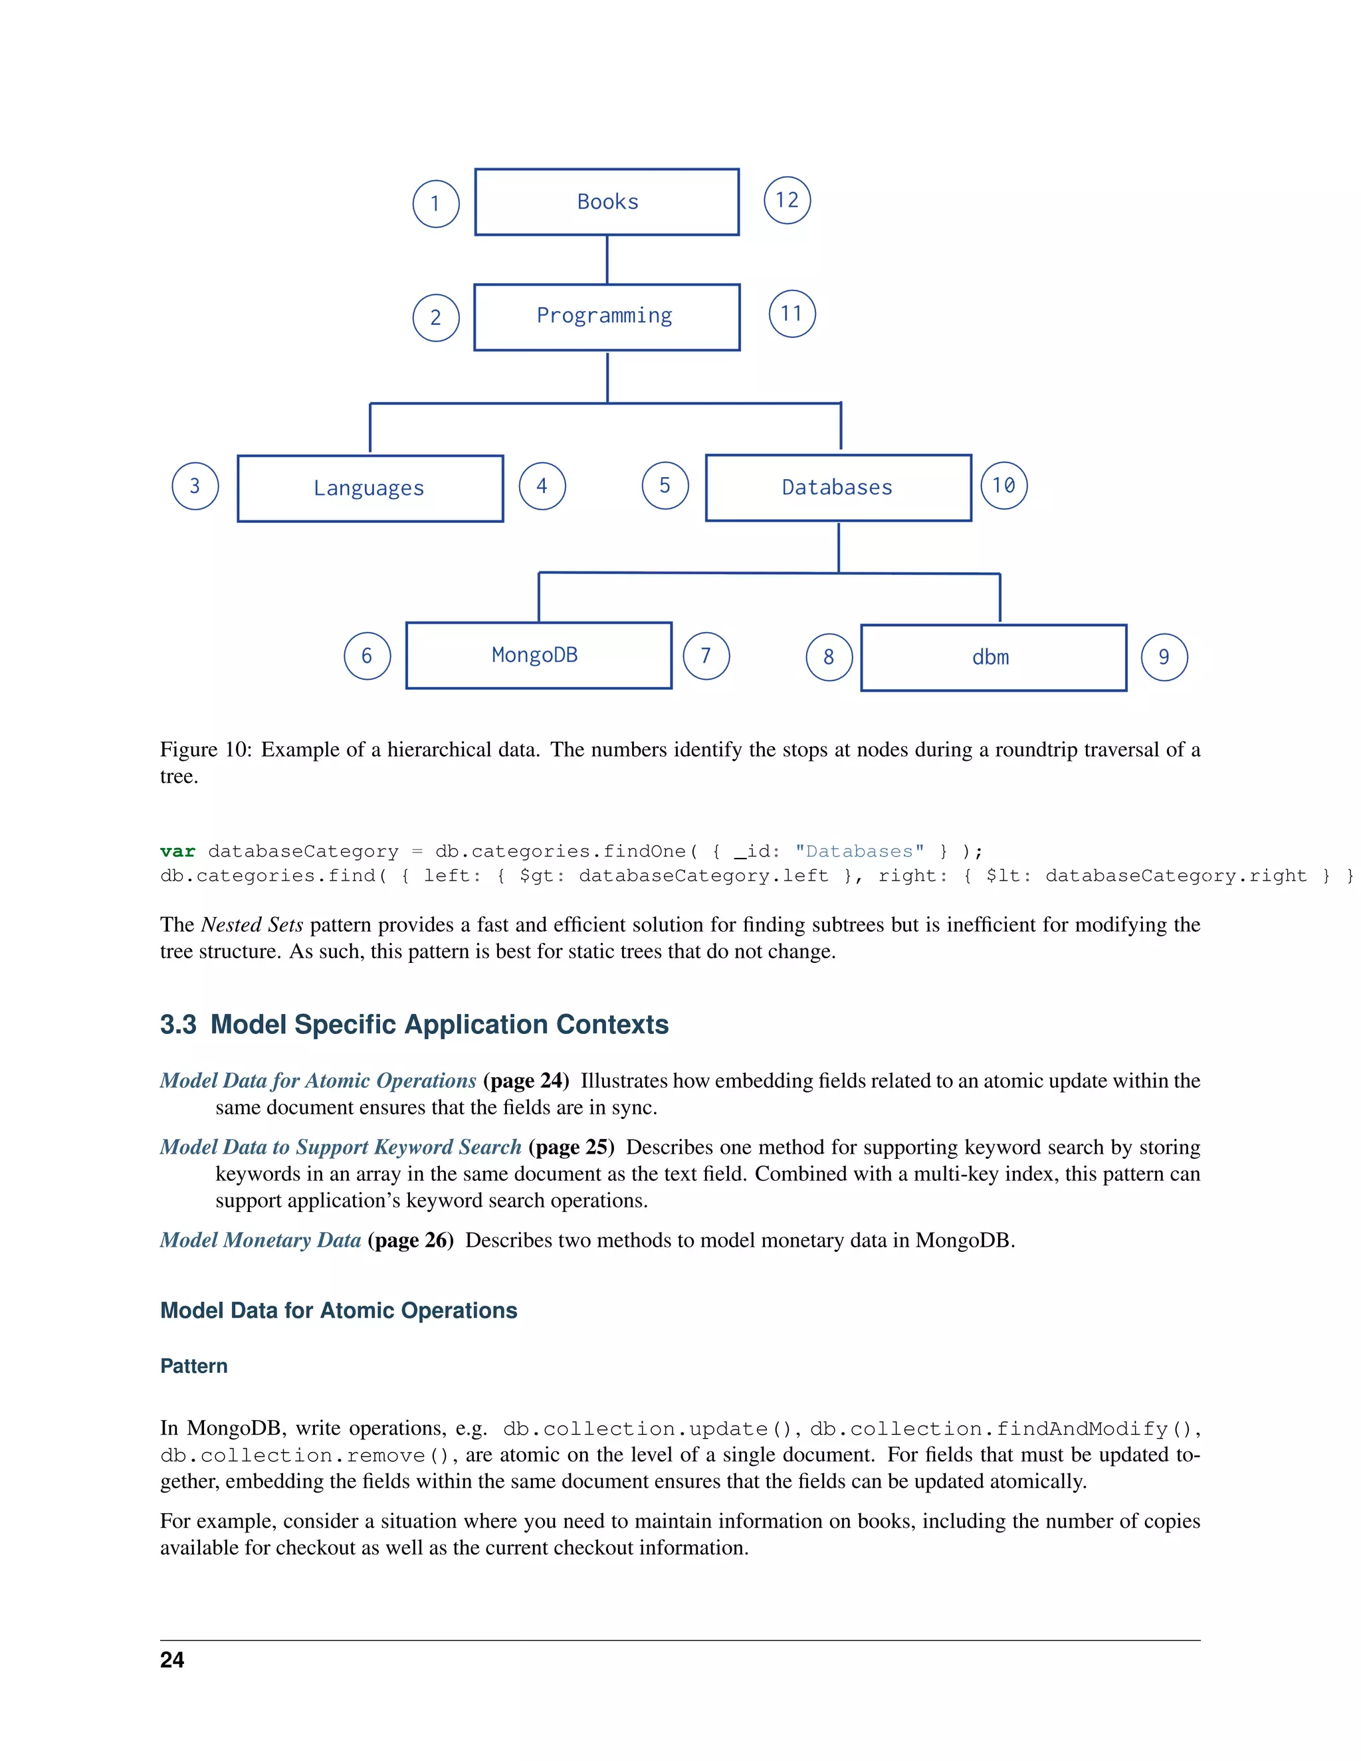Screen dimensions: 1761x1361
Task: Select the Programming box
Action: click(x=606, y=317)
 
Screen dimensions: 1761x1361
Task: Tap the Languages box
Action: click(x=370, y=488)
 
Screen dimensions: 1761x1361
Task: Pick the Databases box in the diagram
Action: click(x=838, y=488)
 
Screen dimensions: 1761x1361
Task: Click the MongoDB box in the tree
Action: click(x=538, y=655)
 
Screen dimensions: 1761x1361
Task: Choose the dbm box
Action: click(x=993, y=658)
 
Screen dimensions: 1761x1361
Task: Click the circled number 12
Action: click(x=787, y=200)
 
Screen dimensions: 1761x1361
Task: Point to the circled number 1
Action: click(x=435, y=204)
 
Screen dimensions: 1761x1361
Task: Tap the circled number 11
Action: click(x=791, y=314)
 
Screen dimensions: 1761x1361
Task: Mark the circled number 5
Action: click(x=665, y=485)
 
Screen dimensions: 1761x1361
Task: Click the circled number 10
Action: click(x=1004, y=485)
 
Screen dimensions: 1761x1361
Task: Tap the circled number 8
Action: click(x=829, y=658)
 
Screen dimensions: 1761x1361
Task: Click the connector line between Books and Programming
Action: click(x=607, y=260)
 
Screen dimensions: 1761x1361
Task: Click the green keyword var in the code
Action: click(x=177, y=851)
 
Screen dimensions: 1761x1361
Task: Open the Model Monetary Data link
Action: click(x=260, y=1240)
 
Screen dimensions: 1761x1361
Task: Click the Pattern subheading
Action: click(x=193, y=1366)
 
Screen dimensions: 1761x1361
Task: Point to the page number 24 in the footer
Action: click(x=171, y=1660)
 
